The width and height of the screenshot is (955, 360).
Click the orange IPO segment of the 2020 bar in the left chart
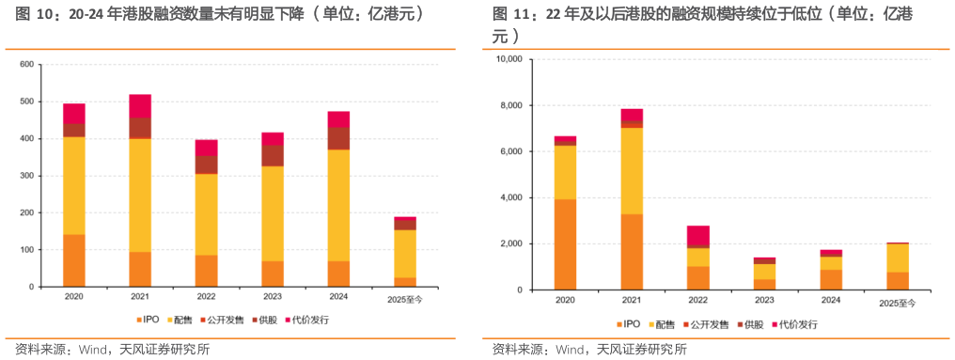74,260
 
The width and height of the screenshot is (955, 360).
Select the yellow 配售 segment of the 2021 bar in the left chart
140,195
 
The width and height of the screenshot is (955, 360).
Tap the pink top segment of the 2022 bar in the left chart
206,148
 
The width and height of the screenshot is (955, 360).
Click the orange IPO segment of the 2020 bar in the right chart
565,244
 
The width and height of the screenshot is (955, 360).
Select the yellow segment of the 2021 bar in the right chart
632,171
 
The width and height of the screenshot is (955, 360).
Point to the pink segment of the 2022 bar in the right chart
697,235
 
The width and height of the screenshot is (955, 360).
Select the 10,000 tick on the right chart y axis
507,59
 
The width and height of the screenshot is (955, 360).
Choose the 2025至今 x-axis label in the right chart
897,303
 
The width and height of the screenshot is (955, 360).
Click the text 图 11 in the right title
509,15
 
